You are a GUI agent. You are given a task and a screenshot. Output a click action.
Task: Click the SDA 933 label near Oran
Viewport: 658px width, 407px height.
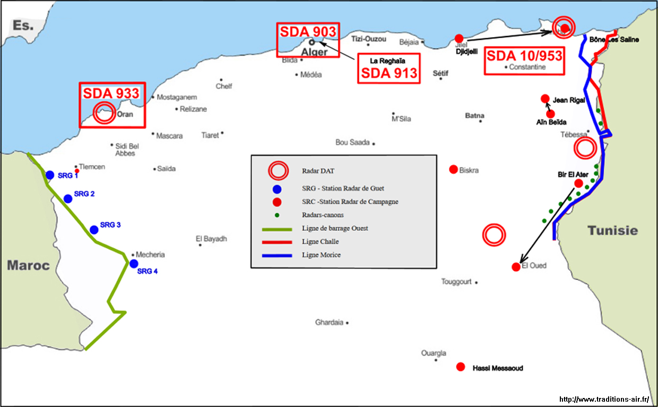[x=111, y=93]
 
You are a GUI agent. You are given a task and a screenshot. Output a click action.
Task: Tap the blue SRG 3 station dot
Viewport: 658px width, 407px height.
[x=94, y=230]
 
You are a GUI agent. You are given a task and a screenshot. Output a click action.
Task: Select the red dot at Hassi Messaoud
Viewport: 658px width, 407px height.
[x=461, y=367]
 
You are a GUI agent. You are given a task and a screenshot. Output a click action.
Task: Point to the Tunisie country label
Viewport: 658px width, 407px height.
[x=612, y=230]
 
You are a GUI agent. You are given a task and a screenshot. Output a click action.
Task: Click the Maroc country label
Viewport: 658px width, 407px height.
[x=28, y=265]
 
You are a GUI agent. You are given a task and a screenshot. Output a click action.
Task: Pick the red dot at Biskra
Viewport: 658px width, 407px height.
[x=453, y=169]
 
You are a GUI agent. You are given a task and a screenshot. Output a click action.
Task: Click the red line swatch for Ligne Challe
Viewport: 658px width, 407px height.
[x=277, y=242]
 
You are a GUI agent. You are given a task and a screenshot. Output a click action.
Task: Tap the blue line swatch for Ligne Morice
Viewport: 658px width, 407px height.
[x=277, y=255]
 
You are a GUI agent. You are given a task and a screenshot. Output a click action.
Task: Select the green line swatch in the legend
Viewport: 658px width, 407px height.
[x=277, y=229]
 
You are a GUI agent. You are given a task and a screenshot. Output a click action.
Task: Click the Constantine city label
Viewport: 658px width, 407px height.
[x=527, y=67]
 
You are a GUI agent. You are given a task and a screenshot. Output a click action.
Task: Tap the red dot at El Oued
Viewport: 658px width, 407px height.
[x=516, y=267]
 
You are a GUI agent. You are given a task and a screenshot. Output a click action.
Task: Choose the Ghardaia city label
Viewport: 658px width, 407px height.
[x=329, y=322]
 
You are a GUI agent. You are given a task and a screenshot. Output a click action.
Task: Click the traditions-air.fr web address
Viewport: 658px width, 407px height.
[x=604, y=399]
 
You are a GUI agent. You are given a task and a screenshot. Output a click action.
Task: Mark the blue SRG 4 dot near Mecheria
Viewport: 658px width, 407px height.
[x=134, y=264]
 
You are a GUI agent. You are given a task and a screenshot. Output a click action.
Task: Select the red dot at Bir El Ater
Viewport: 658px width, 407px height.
[x=578, y=184]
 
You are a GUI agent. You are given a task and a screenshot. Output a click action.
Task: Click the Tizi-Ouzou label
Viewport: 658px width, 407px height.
[x=369, y=39]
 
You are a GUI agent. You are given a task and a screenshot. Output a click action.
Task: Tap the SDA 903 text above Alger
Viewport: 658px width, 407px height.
[x=308, y=32]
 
